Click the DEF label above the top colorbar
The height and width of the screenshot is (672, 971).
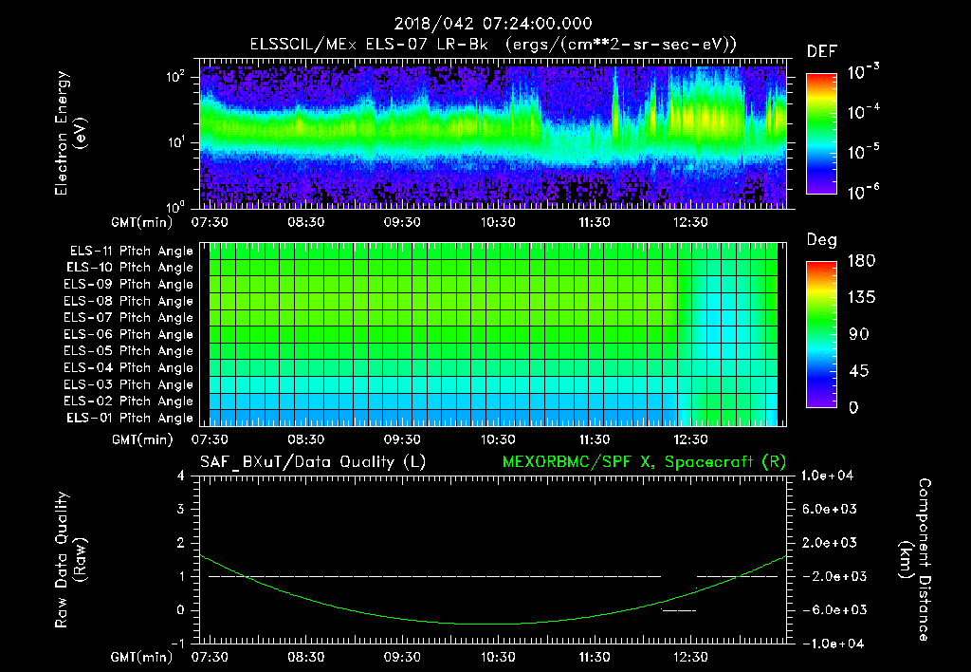coord(820,51)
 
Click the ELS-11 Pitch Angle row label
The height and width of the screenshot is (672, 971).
coord(131,252)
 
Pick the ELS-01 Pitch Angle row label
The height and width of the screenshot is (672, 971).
coord(131,419)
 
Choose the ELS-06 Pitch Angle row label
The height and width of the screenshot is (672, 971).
coord(131,335)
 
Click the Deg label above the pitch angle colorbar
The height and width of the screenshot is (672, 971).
coord(820,240)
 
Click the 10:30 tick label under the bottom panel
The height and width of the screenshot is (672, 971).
coord(497,657)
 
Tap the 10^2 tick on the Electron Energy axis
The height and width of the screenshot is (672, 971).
coord(177,77)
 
